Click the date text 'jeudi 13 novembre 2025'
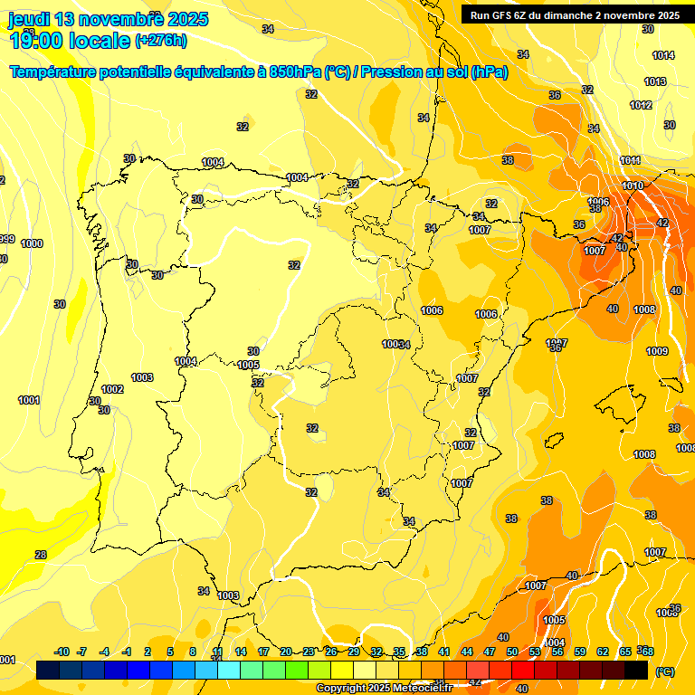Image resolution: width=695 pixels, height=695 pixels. click(x=108, y=19)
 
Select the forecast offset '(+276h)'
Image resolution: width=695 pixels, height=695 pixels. click(x=161, y=40)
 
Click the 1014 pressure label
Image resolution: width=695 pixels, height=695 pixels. click(x=663, y=55)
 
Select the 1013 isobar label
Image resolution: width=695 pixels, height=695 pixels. click(x=655, y=81)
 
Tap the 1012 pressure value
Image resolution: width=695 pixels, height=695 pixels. click(x=641, y=105)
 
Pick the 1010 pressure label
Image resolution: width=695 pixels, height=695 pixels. click(x=633, y=186)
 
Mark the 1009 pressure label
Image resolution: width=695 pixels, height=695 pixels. click(x=657, y=351)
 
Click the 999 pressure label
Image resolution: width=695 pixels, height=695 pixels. click(x=5, y=239)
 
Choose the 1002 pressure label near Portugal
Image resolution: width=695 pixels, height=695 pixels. click(x=112, y=389)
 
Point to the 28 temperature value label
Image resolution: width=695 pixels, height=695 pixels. click(x=40, y=555)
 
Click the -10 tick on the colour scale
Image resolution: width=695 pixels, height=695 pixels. click(x=62, y=652)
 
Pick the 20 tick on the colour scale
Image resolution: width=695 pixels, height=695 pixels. click(x=285, y=652)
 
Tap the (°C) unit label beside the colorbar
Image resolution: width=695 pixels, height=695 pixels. click(x=664, y=671)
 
